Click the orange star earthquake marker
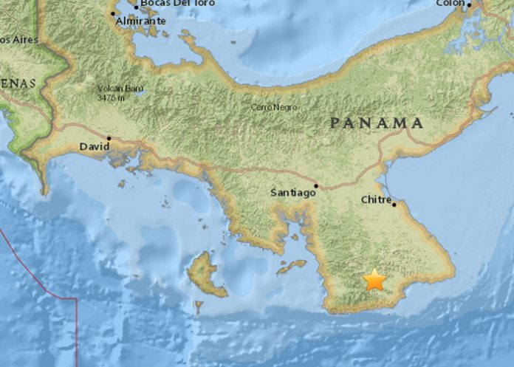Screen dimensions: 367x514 [x=375, y=280]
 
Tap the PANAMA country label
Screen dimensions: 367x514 [x=377, y=123]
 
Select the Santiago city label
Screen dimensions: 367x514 [x=292, y=193]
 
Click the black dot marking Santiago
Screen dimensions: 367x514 [x=316, y=185]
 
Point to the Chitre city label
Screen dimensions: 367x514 [x=376, y=199]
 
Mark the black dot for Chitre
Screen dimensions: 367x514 [x=394, y=205]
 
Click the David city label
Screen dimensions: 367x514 [x=93, y=148]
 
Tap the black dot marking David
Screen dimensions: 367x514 [x=109, y=137]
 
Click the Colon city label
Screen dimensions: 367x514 [x=450, y=3]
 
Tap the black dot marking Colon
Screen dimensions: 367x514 [x=469, y=4]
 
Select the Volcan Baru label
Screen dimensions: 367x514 [x=120, y=89]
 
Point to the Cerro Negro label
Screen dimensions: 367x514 [x=274, y=108]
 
